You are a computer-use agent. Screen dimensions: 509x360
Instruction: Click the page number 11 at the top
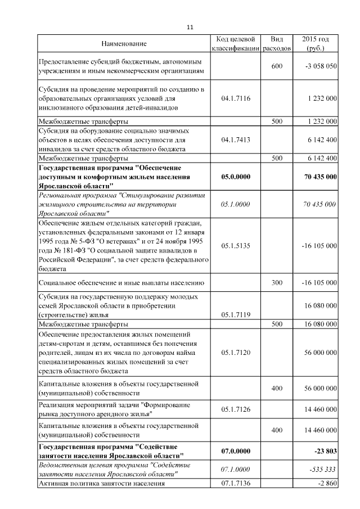coord(190,28)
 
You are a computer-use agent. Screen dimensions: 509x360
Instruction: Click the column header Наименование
coord(124,44)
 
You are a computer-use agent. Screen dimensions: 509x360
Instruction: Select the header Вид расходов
coord(277,44)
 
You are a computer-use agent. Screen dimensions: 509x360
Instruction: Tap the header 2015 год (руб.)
coord(316,44)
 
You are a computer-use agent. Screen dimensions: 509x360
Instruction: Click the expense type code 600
coord(277,66)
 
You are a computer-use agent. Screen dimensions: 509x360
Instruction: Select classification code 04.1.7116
coord(236,98)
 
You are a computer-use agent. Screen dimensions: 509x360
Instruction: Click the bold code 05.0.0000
coord(236,176)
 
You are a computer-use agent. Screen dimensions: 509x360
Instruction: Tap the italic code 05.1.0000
coord(236,204)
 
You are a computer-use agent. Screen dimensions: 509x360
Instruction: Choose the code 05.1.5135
coord(236,246)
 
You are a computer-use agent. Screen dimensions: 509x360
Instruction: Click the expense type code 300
coord(277,282)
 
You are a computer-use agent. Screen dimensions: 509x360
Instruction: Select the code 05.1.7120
coord(236,353)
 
